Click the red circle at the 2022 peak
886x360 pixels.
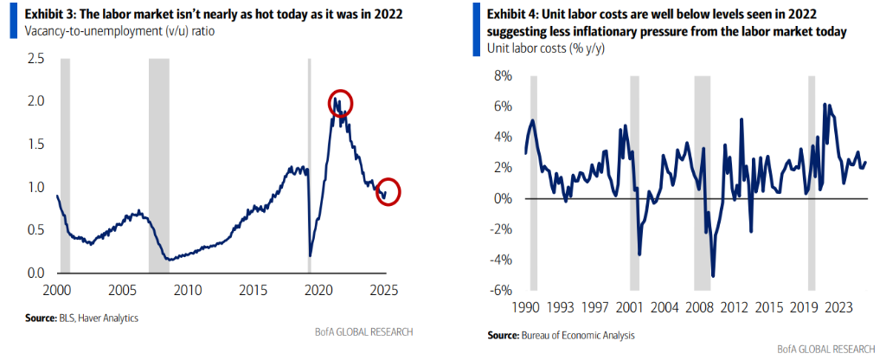(340, 102)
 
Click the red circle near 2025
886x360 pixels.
(388, 191)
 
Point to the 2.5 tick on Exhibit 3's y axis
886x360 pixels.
(35, 59)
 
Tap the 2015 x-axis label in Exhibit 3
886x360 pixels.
(252, 288)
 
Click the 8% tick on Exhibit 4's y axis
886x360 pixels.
(503, 76)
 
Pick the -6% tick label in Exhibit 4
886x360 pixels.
(501, 290)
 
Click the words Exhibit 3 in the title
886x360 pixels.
(40, 15)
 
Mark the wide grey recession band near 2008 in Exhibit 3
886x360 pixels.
(160, 164)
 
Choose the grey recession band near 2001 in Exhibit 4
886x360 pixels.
(634, 182)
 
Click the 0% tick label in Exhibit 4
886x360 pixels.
(503, 198)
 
